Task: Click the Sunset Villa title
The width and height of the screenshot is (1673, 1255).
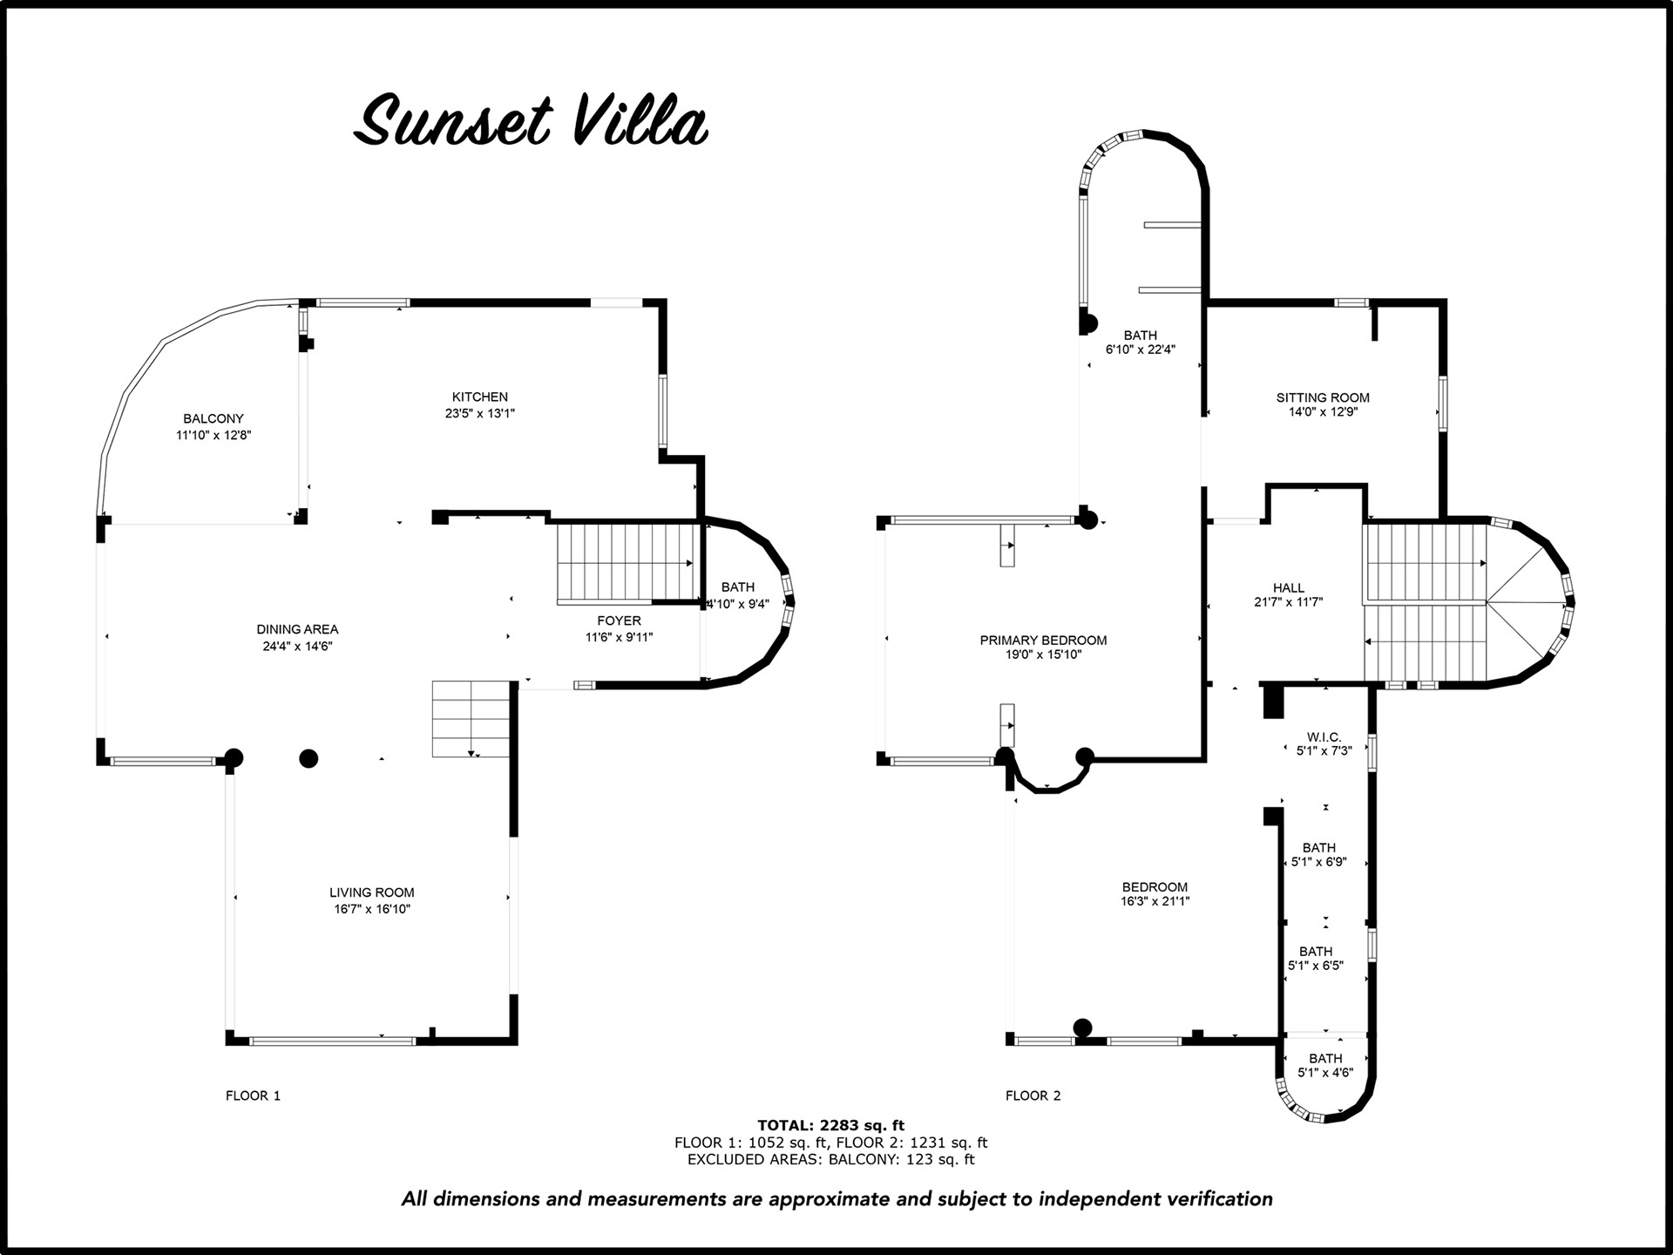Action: [x=531, y=122]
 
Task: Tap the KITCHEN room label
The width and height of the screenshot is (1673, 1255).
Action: [x=480, y=397]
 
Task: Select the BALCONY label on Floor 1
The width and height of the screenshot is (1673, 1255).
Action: [x=213, y=418]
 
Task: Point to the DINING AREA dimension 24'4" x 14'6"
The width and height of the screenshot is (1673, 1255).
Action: [x=298, y=646]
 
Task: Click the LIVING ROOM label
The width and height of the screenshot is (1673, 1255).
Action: [x=372, y=892]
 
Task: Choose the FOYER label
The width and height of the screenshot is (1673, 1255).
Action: [x=620, y=621]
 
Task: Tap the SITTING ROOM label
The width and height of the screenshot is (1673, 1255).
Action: [x=1324, y=397]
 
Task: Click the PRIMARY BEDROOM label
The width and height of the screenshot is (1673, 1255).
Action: [x=1044, y=640]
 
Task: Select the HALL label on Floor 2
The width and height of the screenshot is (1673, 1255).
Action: [x=1289, y=588]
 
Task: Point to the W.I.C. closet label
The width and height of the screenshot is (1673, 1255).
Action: [x=1324, y=737]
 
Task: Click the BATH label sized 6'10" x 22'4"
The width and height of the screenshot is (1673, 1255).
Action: [x=1141, y=336]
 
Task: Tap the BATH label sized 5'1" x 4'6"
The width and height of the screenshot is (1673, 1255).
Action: [x=1325, y=1059]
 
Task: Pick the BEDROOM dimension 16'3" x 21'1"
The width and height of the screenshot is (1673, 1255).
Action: [x=1155, y=901]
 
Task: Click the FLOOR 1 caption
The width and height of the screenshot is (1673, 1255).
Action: [x=254, y=1096]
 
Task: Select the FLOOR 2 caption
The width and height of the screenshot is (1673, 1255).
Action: [x=1033, y=1096]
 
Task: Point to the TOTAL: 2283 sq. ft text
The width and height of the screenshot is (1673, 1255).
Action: [x=831, y=1125]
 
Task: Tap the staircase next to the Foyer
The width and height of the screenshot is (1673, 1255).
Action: [x=628, y=563]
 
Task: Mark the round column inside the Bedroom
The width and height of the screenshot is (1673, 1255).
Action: [x=1082, y=1028]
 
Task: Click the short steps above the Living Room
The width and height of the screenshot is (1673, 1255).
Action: [x=471, y=719]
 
